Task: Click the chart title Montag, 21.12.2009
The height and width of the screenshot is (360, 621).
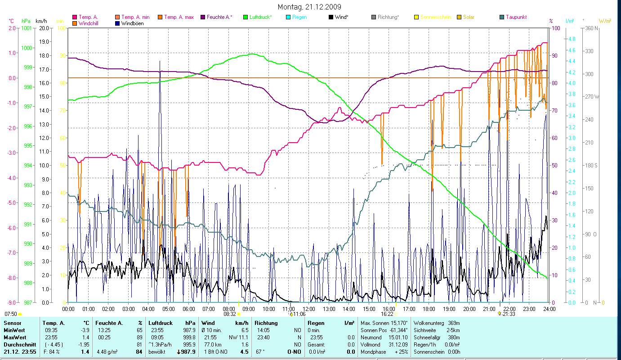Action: coord(309,7)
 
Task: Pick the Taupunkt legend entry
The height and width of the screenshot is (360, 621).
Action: coord(516,17)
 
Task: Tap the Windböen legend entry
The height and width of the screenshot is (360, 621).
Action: coord(132,23)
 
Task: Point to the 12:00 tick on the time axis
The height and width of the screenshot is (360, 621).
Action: coord(309,309)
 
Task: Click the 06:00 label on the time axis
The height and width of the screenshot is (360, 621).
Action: coord(189,309)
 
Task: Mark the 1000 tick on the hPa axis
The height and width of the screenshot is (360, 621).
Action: coord(27,48)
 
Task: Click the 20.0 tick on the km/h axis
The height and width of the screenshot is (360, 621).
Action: coord(44,28)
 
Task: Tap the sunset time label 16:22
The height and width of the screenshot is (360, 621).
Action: coord(387,314)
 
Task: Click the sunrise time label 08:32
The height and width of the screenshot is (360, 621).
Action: coord(230,314)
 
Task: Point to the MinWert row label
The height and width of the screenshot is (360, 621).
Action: coord(14,330)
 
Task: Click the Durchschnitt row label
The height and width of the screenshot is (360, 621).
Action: coord(18,345)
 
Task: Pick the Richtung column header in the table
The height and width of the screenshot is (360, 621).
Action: coord(266,323)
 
